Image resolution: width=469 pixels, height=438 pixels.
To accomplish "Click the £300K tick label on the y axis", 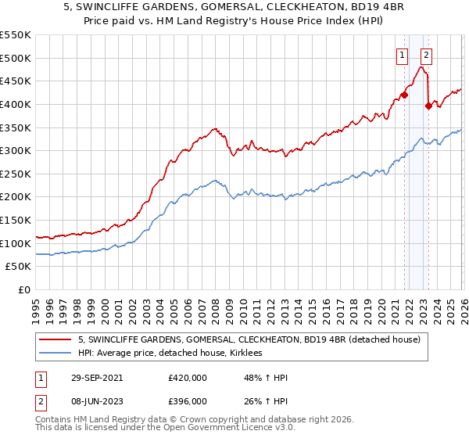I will point(15,150).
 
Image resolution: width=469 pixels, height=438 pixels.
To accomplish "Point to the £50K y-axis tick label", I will point(18,267).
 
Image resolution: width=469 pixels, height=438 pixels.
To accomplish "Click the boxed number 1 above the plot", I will point(402,55).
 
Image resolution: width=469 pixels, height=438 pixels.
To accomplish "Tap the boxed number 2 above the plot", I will point(426,55).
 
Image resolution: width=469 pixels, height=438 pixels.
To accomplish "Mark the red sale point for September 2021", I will point(404,95).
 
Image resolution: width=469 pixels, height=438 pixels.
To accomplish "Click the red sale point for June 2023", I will point(428,106).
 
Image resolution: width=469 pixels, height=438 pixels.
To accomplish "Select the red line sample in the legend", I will point(55,339).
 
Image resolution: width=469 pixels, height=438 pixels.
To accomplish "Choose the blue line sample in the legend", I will point(55,354).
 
